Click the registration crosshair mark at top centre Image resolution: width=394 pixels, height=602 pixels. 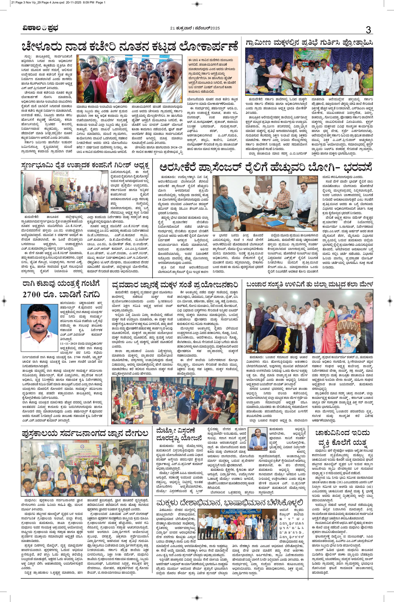pyautogui.click(x=197, y=4)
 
